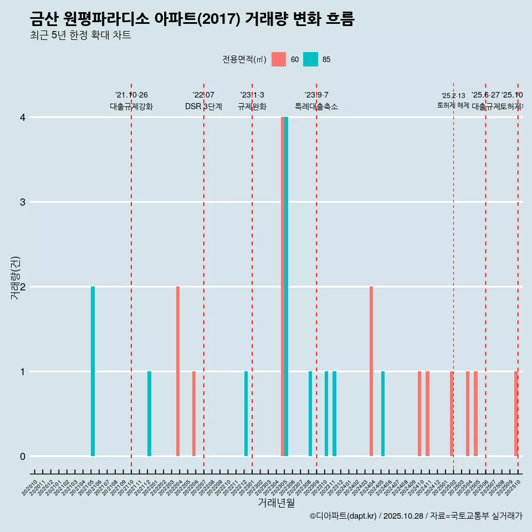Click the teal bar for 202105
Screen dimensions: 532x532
tap(93, 371)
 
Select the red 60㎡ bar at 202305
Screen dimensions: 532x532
tap(283, 287)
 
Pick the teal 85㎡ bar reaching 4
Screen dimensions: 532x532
tap(287, 287)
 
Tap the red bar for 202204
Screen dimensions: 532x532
tap(178, 371)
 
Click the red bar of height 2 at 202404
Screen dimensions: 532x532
tap(371, 371)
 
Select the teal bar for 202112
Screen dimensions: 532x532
tap(149, 413)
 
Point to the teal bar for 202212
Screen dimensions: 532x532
tap(246, 413)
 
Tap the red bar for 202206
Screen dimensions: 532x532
tap(194, 413)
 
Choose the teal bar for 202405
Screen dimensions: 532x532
tap(383, 413)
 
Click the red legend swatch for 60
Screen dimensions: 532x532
tap(279, 59)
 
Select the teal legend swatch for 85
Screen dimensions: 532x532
tap(311, 59)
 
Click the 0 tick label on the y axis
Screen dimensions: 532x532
tap(23, 456)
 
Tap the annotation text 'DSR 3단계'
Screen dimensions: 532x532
tap(203, 107)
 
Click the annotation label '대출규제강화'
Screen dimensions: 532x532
tap(131, 107)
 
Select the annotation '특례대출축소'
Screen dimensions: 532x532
tap(316, 107)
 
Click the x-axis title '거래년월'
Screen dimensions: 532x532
tap(276, 503)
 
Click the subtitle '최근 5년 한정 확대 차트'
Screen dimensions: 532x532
tap(81, 36)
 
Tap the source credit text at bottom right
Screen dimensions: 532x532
tap(416, 516)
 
